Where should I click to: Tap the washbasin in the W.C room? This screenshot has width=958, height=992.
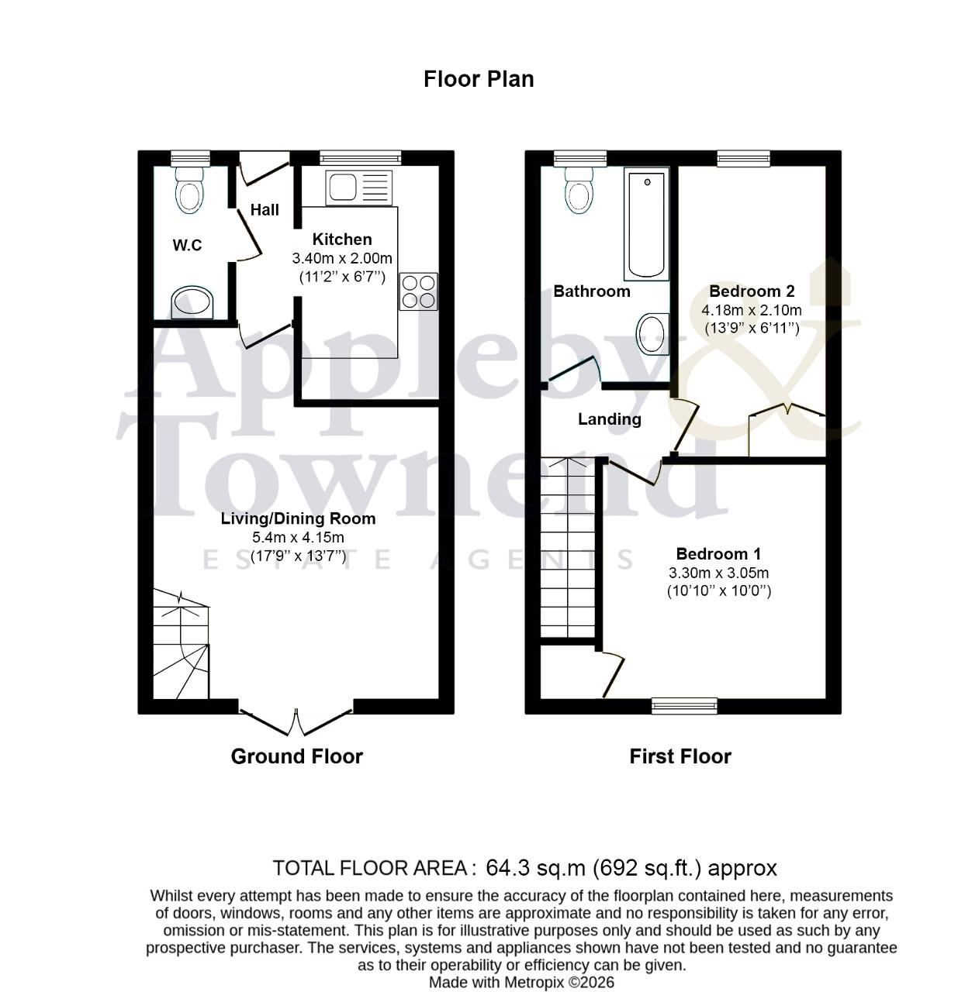pyautogui.click(x=192, y=301)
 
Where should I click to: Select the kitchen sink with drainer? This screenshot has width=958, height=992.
pyautogui.click(x=358, y=188)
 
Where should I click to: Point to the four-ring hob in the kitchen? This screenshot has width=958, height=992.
pyautogui.click(x=418, y=291)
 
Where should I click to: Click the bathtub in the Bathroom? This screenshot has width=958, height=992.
pyautogui.click(x=646, y=224)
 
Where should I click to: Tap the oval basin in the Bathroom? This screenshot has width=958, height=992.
pyautogui.click(x=652, y=334)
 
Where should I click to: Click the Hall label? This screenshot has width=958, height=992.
pyautogui.click(x=265, y=209)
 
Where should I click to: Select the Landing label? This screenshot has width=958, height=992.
pyautogui.click(x=609, y=418)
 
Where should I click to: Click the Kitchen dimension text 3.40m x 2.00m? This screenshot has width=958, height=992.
pyautogui.click(x=342, y=258)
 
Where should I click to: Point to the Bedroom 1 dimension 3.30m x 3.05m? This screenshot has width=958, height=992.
pyautogui.click(x=718, y=572)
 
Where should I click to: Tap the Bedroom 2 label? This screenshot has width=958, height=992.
pyautogui.click(x=752, y=291)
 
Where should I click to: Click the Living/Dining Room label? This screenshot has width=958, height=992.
pyautogui.click(x=298, y=518)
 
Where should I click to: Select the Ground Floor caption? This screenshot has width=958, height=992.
pyautogui.click(x=296, y=756)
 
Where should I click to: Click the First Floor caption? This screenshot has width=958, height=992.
pyautogui.click(x=680, y=756)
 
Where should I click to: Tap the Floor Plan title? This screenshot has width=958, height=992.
pyautogui.click(x=479, y=79)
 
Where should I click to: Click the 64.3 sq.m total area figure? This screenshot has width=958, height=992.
pyautogui.click(x=535, y=867)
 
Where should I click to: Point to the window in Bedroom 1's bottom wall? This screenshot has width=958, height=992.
pyautogui.click(x=684, y=705)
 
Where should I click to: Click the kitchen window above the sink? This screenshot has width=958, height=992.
pyautogui.click(x=360, y=158)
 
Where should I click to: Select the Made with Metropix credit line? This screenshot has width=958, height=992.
pyautogui.click(x=521, y=982)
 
